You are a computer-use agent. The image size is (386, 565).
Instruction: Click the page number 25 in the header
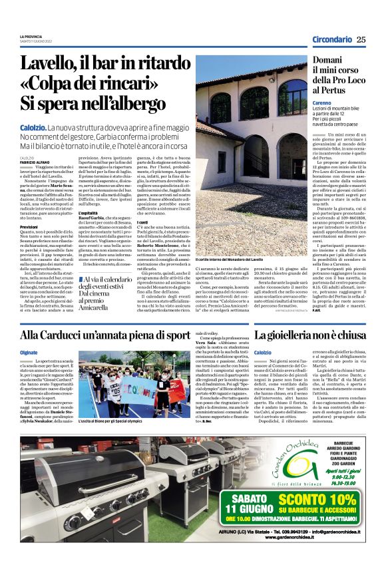click(x=361, y=39)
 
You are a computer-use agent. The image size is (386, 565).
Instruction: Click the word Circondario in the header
click(x=333, y=39)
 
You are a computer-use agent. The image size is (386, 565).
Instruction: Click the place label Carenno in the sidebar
click(x=322, y=104)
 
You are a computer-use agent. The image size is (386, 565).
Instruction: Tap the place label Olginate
click(x=29, y=352)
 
